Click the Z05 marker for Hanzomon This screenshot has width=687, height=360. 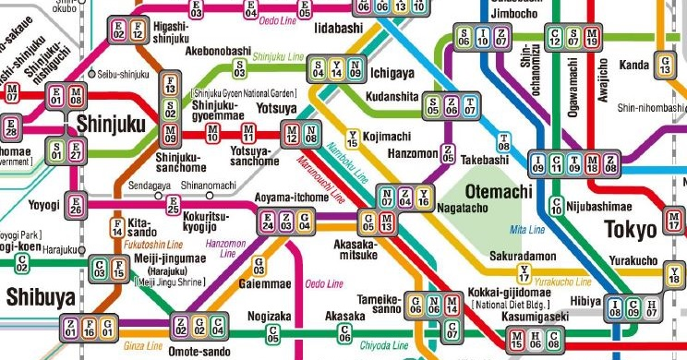[x=450, y=152]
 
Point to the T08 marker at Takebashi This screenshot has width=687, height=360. [x=504, y=142]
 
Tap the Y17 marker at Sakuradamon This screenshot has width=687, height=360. [x=524, y=272]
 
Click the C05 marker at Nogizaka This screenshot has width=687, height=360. [x=272, y=333]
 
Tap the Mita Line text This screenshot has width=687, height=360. [x=523, y=228]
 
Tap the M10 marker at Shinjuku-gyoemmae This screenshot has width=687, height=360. [x=213, y=133]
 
